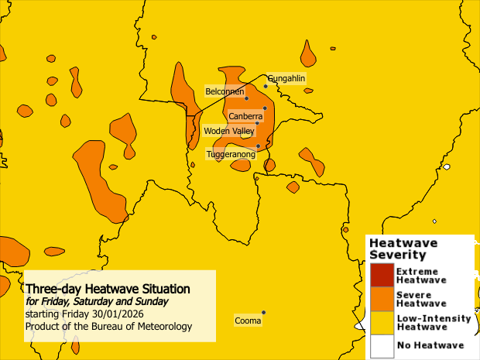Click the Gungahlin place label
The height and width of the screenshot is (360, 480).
(x=286, y=79)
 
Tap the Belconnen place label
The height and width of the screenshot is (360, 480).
(x=224, y=91)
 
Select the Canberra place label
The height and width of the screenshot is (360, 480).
(x=245, y=116)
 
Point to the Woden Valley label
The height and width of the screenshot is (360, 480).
(x=228, y=131)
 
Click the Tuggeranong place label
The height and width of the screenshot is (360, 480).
(x=231, y=155)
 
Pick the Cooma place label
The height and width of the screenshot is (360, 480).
(x=247, y=320)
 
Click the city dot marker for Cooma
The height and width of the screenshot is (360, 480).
(x=264, y=313)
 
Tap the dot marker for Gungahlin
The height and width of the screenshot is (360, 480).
(x=266, y=86)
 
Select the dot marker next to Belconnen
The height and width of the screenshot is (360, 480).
(x=246, y=98)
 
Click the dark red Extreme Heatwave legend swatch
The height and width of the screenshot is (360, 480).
(x=381, y=275)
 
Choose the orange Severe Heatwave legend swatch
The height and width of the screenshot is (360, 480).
(x=381, y=299)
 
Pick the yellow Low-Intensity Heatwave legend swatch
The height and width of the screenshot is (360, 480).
(x=381, y=322)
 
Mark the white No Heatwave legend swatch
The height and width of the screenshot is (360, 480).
(x=381, y=345)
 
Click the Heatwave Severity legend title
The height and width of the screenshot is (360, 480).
(x=403, y=249)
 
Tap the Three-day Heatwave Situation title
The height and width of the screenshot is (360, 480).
(x=108, y=289)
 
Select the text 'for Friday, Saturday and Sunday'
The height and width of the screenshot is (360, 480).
(x=96, y=301)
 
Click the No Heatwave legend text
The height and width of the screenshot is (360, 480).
(x=430, y=345)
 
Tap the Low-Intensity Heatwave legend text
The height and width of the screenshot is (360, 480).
(x=433, y=322)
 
